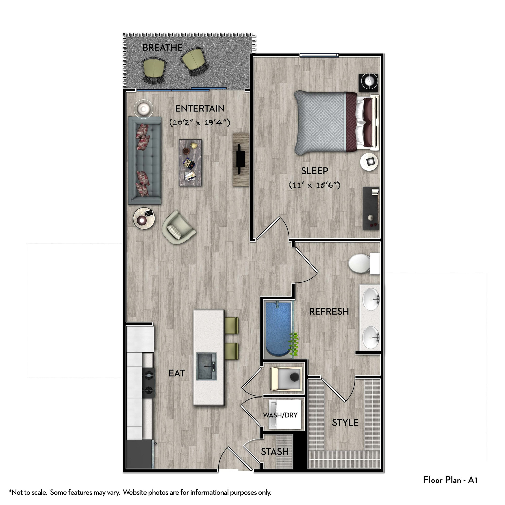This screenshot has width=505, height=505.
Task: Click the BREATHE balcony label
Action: tap(162, 48)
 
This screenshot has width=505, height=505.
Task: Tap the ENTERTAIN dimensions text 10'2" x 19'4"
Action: tap(200, 122)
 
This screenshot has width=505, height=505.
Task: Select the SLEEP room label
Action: tap(314, 171)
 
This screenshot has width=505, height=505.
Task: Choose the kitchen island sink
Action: tap(206, 366)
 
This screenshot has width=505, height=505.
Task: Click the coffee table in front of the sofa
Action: tap(190, 162)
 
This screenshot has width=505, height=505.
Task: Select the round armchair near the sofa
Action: tap(178, 228)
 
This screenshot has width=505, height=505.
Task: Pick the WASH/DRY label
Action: tap(280, 415)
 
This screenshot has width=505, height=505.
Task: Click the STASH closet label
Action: tap(274, 452)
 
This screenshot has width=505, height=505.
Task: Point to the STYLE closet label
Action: tap(345, 422)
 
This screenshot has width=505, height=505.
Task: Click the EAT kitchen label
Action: tap(177, 373)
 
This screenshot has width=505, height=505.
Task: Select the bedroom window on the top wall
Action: tap(319, 55)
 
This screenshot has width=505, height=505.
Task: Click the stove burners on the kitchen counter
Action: tap(149, 383)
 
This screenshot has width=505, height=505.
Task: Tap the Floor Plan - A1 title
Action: tap(450, 480)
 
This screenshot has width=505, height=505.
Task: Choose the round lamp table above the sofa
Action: tap(143, 108)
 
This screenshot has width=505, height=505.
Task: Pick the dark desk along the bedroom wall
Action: tap(371, 208)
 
